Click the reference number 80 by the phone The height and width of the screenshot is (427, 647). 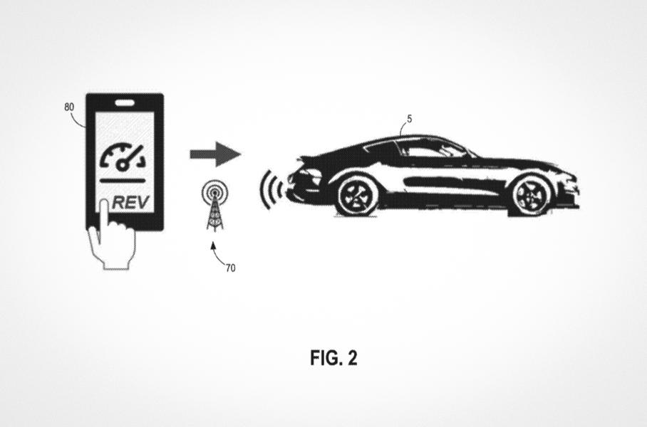[69, 107]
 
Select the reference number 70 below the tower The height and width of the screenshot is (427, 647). [230, 268]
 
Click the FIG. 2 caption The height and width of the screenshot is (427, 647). [333, 358]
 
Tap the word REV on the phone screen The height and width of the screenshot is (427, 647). [131, 202]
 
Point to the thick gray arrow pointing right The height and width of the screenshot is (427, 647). [214, 153]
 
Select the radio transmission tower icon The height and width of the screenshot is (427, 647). [212, 206]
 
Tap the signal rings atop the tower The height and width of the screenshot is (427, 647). [212, 191]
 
